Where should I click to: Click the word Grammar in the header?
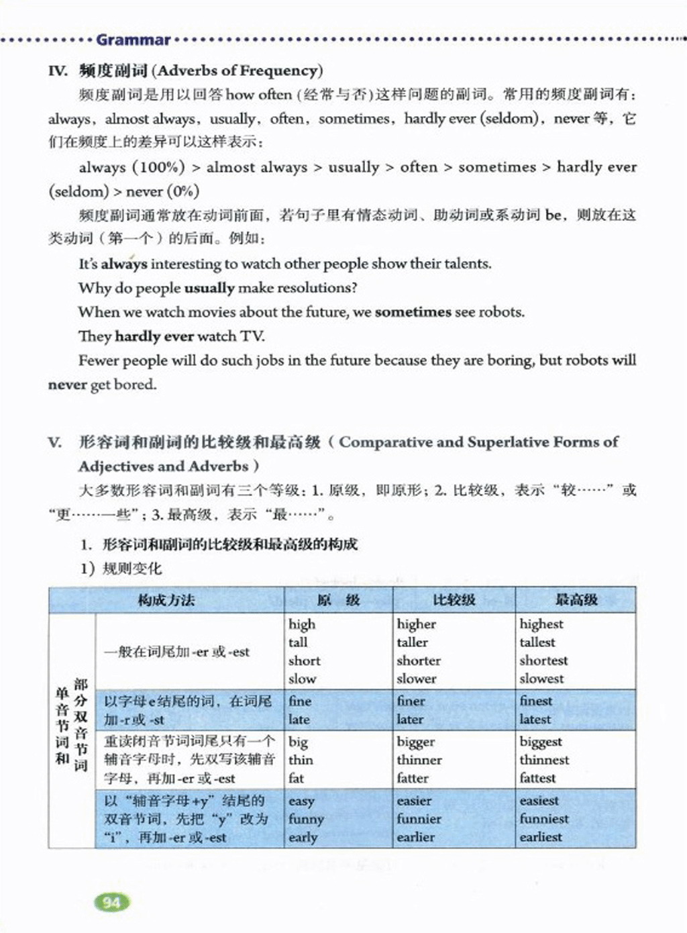click(x=133, y=40)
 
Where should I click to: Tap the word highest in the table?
click(x=541, y=624)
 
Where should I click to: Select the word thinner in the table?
click(x=419, y=760)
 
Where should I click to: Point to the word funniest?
click(x=543, y=819)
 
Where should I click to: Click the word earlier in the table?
click(x=415, y=837)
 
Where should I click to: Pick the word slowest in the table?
click(x=541, y=679)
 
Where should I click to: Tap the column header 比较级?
click(x=454, y=600)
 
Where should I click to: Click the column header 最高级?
click(x=576, y=600)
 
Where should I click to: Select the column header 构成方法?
click(x=166, y=600)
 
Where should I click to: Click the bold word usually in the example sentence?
click(x=209, y=288)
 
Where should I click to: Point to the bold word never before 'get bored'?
click(x=67, y=385)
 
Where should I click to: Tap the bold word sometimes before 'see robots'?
click(x=413, y=312)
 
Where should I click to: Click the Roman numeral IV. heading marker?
click(x=58, y=70)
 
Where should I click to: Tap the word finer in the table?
click(x=411, y=701)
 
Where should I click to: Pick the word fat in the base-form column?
click(x=296, y=779)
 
